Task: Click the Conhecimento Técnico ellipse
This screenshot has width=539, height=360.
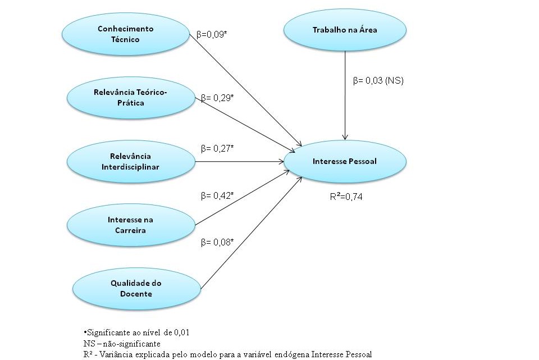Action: point(126,34)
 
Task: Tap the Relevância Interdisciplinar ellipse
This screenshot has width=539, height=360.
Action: point(131,162)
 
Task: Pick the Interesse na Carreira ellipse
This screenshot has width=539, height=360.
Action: point(131,225)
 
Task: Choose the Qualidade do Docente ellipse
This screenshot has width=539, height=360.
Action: point(136,289)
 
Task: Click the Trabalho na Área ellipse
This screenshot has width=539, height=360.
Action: point(345,30)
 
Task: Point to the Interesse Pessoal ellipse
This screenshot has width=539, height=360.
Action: point(345,162)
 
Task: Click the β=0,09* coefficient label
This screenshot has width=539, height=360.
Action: point(212,34)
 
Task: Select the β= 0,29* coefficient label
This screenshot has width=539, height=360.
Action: point(217,98)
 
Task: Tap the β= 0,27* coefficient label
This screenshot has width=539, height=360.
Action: point(217,148)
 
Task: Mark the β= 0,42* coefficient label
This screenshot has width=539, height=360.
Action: point(217,196)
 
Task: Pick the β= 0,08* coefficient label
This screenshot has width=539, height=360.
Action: point(217,243)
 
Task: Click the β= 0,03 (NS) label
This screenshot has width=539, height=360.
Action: point(378,81)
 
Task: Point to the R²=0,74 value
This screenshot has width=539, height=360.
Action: point(346,197)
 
